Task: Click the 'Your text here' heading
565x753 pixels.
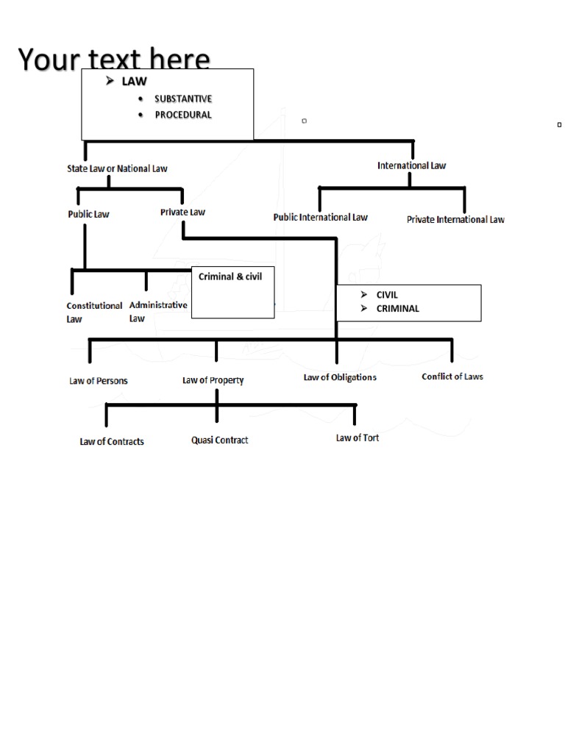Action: tap(114, 59)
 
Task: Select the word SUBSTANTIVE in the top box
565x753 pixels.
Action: tap(183, 99)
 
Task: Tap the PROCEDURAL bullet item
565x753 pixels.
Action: tap(183, 115)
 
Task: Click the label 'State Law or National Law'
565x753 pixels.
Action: tap(118, 168)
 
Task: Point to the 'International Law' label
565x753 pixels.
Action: tap(411, 165)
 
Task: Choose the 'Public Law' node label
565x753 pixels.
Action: tap(88, 215)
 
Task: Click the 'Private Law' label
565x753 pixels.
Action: tap(182, 212)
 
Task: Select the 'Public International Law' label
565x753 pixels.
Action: tap(320, 217)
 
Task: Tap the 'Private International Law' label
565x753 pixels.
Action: tap(455, 219)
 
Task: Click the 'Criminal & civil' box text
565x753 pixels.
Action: tap(230, 276)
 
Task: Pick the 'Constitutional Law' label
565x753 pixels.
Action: tap(94, 312)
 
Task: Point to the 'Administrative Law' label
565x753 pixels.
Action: tap(157, 311)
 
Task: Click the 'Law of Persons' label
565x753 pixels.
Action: tap(99, 380)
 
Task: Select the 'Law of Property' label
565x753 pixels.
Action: tap(213, 380)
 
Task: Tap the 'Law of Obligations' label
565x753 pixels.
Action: tap(340, 377)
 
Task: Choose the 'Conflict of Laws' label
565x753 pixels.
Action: tap(452, 376)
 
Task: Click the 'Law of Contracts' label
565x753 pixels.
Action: tap(112, 441)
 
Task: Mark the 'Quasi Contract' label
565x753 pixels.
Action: tap(219, 440)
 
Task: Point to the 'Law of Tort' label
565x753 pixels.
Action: tap(358, 438)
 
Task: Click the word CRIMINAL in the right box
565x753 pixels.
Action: tap(397, 308)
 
